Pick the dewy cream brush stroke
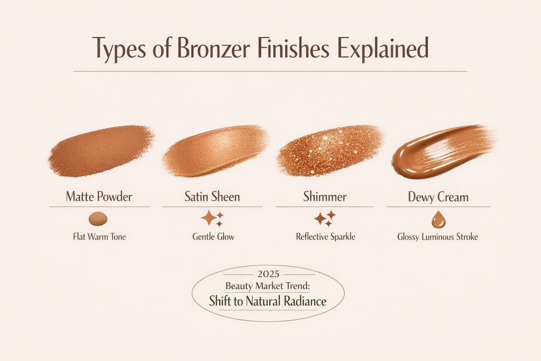(x=440, y=150)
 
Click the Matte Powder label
(x=99, y=197)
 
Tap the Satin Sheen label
(x=212, y=197)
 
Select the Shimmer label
(x=324, y=197)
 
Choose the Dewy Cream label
(x=438, y=197)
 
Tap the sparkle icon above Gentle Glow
(x=212, y=219)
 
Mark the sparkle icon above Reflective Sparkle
(x=325, y=218)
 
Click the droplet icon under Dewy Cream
(x=438, y=219)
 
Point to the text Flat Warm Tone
(x=99, y=237)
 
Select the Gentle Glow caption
(x=213, y=237)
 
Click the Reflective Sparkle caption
(x=325, y=237)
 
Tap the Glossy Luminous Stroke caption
(x=438, y=237)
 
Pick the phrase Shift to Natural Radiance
(x=267, y=301)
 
